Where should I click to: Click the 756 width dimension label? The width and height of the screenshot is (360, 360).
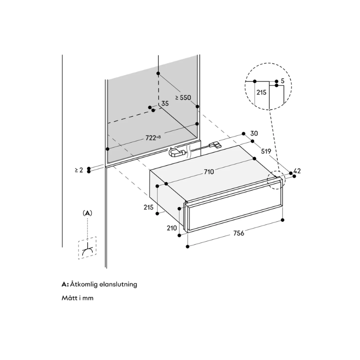(x=238, y=233)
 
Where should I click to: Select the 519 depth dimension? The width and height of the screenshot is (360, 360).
(x=266, y=152)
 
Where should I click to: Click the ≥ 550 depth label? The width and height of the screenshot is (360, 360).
(x=184, y=97)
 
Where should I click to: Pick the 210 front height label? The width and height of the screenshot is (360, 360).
(x=172, y=229)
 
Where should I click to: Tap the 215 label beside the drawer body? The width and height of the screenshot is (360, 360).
(x=149, y=207)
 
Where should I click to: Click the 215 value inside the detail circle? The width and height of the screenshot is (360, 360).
(x=261, y=92)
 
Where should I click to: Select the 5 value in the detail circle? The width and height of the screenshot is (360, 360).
(x=282, y=81)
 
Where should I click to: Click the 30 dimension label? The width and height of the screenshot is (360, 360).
(x=254, y=133)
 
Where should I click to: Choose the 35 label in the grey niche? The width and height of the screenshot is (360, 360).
(x=165, y=103)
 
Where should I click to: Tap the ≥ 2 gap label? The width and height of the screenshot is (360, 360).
(x=79, y=170)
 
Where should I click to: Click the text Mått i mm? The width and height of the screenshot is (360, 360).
(x=77, y=298)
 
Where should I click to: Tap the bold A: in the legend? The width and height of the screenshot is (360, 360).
(x=65, y=284)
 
